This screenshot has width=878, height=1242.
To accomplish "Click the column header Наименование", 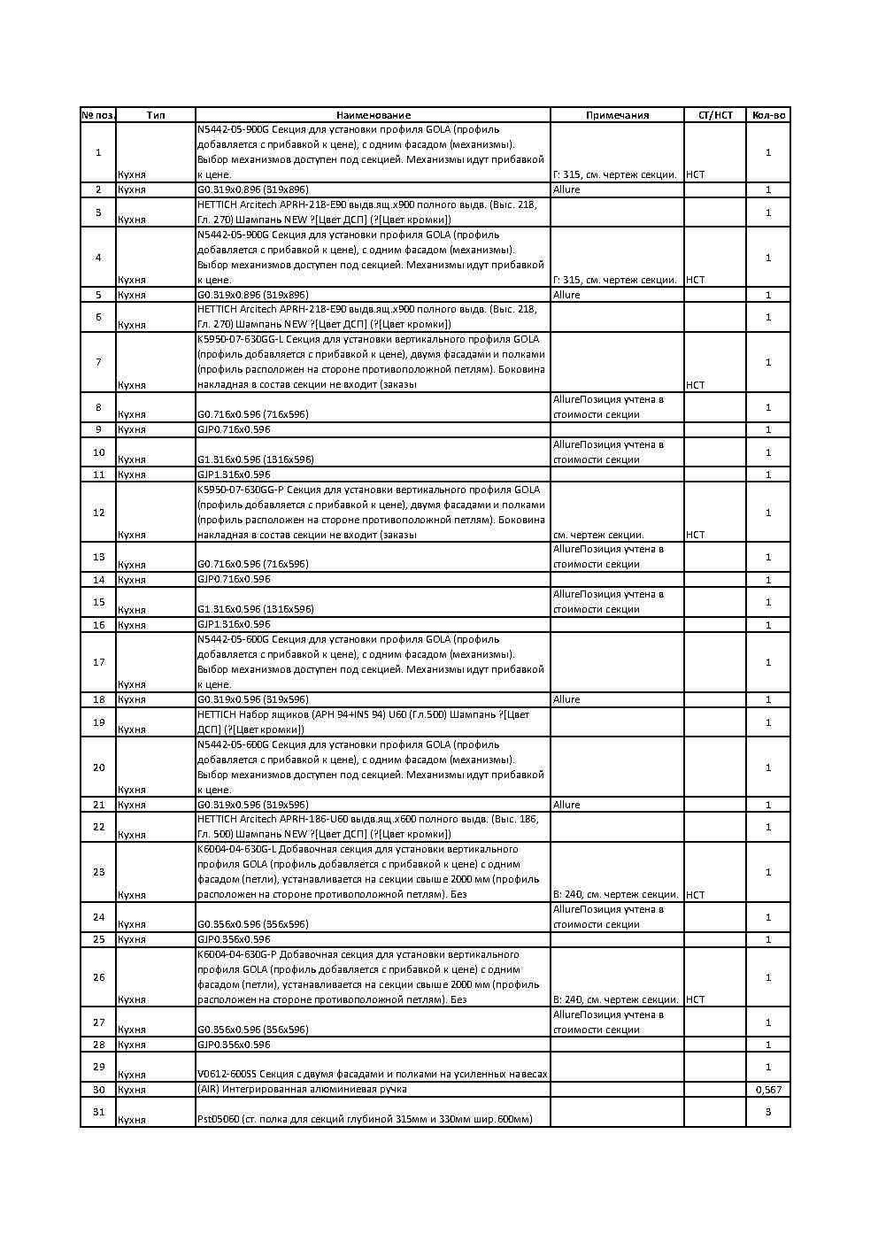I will [x=373, y=115].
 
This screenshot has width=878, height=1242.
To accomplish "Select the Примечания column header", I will [x=617, y=115].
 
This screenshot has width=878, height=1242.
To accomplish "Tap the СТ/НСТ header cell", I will [x=715, y=115].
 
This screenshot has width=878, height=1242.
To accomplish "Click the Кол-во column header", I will [x=767, y=115].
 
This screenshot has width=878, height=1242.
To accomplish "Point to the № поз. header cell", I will [x=98, y=115].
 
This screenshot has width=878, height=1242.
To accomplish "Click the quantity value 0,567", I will [x=767, y=1090].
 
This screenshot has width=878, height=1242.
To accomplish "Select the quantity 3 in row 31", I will [x=767, y=1112].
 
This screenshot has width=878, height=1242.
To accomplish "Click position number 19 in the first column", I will [x=98, y=722].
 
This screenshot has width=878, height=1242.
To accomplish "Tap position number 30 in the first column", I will [x=98, y=1090].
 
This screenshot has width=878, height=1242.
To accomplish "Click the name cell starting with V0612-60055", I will [x=372, y=1075].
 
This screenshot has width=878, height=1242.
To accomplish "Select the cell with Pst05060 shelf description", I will [x=365, y=1120].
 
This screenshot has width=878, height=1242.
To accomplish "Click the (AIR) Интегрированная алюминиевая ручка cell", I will [x=302, y=1090].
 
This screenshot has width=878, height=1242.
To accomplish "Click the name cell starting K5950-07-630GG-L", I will [x=372, y=362].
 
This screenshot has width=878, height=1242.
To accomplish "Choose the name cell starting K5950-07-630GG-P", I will [x=372, y=512].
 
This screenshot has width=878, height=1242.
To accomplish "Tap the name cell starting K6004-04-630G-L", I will [x=372, y=872].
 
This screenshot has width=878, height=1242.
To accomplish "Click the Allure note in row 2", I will [x=566, y=189].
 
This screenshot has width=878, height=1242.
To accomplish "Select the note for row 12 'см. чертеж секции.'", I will [x=598, y=535].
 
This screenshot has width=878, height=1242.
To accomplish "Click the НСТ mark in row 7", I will [x=696, y=385].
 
